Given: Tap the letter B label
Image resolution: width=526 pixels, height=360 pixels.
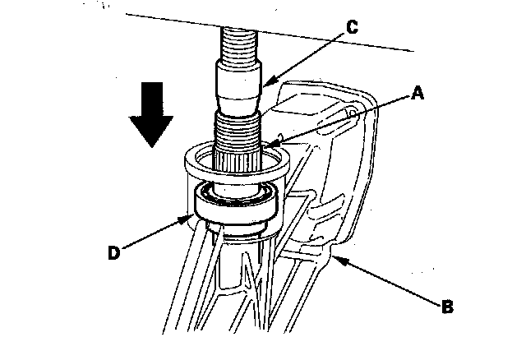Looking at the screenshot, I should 446,307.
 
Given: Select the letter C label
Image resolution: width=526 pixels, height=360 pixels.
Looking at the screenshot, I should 351,26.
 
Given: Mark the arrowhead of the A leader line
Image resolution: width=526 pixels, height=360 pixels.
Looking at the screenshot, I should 269,149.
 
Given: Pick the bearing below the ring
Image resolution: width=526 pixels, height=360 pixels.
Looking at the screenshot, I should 238,206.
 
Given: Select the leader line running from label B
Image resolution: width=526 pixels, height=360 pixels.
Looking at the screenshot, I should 386,281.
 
